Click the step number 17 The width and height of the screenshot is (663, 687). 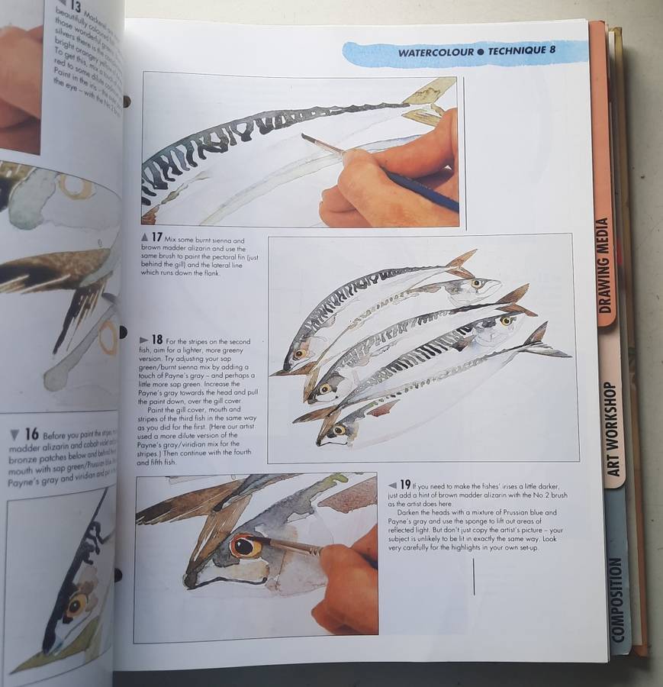[156, 237]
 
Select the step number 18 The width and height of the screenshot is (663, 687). [156, 339]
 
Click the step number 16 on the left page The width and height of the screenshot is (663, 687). [31, 434]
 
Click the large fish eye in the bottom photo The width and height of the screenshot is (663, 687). [246, 547]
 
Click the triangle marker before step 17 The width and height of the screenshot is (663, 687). [145, 238]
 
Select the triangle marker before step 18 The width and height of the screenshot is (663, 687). [144, 340]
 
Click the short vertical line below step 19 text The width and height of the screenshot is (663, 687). [474, 576]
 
